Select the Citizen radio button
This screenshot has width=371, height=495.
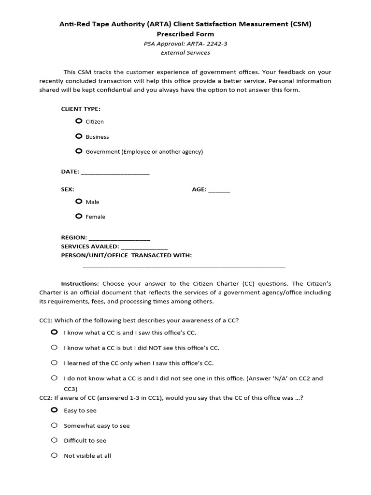click(x=79, y=121)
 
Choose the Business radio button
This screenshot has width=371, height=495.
click(x=79, y=136)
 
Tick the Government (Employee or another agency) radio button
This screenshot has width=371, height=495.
click(x=79, y=151)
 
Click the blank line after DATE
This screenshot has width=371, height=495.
click(x=115, y=173)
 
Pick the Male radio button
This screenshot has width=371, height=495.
click(x=79, y=202)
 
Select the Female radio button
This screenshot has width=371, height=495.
click(x=79, y=217)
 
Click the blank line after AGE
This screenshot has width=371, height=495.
click(x=219, y=191)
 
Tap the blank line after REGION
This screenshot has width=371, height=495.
click(x=119, y=239)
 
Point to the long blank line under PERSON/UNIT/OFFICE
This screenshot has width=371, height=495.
click(x=184, y=266)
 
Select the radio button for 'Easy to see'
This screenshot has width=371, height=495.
click(x=54, y=410)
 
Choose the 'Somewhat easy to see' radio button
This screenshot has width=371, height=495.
click(x=54, y=425)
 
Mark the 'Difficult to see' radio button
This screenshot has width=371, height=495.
click(x=54, y=440)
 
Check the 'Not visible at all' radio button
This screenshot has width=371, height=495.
click(x=54, y=455)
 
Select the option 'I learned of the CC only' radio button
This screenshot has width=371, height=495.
click(x=54, y=363)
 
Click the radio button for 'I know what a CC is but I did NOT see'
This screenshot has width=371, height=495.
click(x=54, y=348)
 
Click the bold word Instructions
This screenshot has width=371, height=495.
click(x=80, y=284)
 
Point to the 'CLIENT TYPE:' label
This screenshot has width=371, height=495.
click(x=81, y=109)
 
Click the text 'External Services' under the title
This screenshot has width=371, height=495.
click(x=185, y=53)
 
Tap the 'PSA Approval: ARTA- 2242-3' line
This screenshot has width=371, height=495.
click(x=185, y=44)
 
